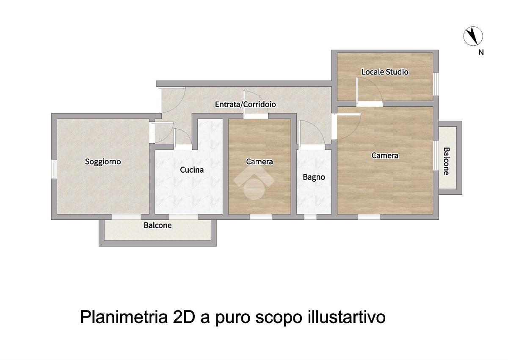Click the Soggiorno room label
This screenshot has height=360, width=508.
pyautogui.click(x=103, y=162)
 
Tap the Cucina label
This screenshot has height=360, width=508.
pyautogui.click(x=192, y=170)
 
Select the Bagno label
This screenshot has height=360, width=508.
pyautogui.click(x=314, y=177)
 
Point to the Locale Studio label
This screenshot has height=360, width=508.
pyautogui.click(x=385, y=72)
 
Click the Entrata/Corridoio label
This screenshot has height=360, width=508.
pyautogui.click(x=246, y=104)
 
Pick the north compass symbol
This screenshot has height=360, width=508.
pyautogui.click(x=473, y=36)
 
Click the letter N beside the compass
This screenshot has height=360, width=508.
pyautogui.click(x=481, y=52)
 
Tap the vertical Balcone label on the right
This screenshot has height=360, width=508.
pyautogui.click(x=446, y=161)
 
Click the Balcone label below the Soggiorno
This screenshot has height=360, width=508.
pyautogui.click(x=157, y=225)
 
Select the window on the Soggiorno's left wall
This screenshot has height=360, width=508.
pyautogui.click(x=54, y=169)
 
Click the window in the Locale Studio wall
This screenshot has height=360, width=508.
pyautogui.click(x=436, y=84)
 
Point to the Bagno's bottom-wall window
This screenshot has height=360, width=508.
pyautogui.click(x=310, y=217)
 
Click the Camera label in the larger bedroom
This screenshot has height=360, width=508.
pyautogui.click(x=385, y=155)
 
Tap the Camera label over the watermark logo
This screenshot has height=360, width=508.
pyautogui.click(x=260, y=162)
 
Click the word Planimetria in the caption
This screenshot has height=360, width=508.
pyautogui.click(x=124, y=318)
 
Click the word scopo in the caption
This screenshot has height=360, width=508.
pyautogui.click(x=279, y=319)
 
